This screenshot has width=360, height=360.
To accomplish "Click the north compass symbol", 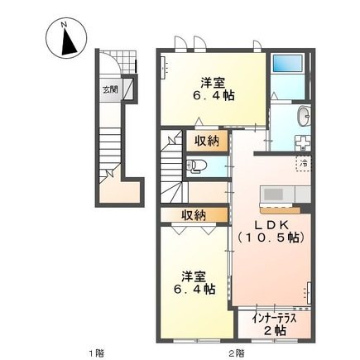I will [65, 38].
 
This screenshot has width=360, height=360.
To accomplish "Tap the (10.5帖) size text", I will [271, 238].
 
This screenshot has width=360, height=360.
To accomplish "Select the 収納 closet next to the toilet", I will [207, 141].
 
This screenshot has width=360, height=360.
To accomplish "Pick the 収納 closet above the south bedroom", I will [194, 216].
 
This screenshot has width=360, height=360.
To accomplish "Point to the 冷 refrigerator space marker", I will [304, 162].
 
